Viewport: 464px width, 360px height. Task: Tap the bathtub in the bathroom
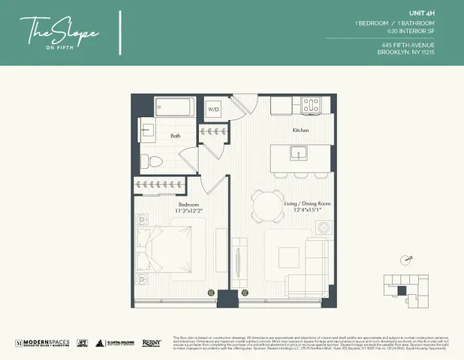(165, 109)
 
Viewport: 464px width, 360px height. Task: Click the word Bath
(175, 136)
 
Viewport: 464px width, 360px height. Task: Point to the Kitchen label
(301, 130)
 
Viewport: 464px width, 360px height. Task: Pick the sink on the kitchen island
(300, 155)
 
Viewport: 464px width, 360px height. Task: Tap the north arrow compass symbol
(407, 259)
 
